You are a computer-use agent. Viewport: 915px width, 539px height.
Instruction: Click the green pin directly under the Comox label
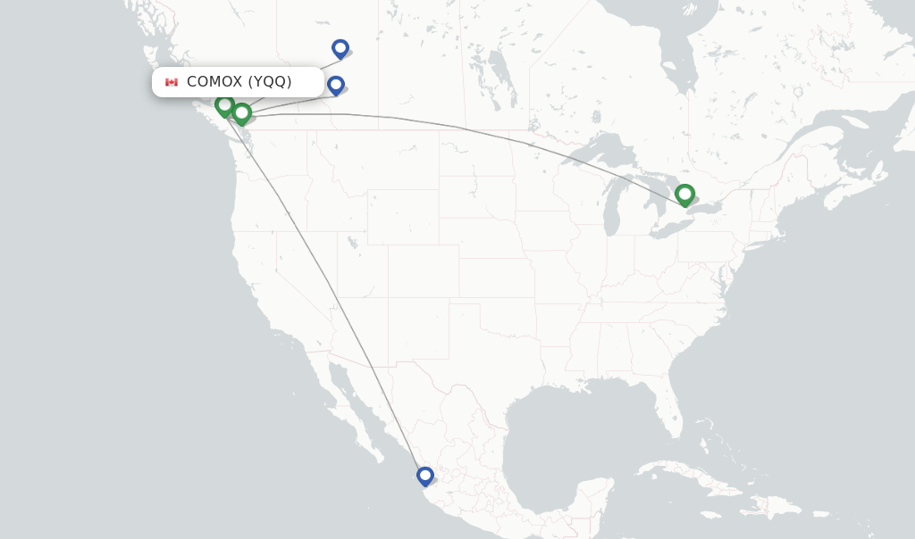point(224,105)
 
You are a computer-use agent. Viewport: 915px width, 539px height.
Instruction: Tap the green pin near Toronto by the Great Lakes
point(684,194)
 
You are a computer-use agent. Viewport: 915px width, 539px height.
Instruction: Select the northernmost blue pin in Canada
point(340,48)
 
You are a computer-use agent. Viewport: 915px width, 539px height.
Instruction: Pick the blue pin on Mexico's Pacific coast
point(425,476)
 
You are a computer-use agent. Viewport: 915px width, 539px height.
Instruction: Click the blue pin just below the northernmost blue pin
point(336,85)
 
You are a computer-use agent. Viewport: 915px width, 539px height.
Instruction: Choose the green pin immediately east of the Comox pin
point(241,112)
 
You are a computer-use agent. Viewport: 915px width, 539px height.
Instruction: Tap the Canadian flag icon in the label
point(172,82)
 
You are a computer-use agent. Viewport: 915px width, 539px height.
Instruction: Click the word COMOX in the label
point(214,82)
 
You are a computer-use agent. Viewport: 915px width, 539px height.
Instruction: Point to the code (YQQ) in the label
point(270,82)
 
